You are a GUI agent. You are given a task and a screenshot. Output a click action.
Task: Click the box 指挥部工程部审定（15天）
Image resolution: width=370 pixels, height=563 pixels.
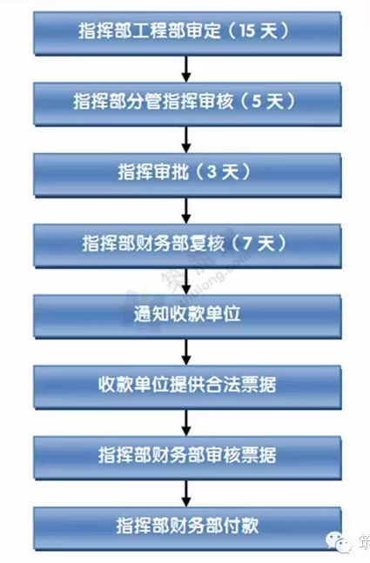click(187, 33)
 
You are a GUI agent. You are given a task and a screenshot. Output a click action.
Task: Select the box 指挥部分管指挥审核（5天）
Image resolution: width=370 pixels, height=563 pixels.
click(187, 104)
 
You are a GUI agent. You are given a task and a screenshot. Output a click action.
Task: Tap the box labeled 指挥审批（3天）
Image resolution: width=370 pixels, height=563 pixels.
click(187, 175)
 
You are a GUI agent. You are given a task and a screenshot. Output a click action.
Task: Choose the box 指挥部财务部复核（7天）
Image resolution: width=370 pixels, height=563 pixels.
click(187, 245)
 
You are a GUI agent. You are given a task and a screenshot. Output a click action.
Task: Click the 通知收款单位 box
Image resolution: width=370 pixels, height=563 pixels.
click(187, 316)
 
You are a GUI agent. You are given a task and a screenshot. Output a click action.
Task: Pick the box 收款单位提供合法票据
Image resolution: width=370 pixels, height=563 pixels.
click(187, 386)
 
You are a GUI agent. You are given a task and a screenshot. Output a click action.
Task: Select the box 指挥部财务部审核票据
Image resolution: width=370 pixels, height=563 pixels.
click(187, 458)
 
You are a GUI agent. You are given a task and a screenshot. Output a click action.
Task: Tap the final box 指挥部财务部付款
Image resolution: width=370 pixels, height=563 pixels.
click(187, 528)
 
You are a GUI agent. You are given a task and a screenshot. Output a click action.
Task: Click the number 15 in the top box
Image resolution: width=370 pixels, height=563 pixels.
click(247, 30)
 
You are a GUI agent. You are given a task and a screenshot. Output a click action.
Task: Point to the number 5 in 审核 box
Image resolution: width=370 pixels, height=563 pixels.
click(257, 102)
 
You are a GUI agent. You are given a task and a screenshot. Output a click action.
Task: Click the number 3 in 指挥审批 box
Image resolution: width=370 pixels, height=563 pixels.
click(212, 172)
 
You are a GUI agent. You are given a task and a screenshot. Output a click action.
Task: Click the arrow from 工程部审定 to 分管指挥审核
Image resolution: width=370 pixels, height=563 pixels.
click(186, 69)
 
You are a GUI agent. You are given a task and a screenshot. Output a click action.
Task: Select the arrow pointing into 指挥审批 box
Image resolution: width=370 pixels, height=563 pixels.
click(186, 139)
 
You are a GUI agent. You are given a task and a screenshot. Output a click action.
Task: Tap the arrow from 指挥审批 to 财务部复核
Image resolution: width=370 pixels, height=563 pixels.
click(186, 210)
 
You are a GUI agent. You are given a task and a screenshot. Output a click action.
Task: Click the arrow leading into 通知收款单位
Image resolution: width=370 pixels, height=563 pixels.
click(186, 281)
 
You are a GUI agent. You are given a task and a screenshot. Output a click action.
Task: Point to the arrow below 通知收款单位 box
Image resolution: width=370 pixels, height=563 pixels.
click(186, 352)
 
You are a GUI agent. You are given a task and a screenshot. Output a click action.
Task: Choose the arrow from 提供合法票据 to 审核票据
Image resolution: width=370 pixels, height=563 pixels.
click(186, 422)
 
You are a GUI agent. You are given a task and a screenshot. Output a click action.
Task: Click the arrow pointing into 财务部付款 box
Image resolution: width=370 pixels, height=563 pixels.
click(186, 493)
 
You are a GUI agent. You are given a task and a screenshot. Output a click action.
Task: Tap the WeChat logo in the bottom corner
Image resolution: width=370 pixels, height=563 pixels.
click(338, 542)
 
